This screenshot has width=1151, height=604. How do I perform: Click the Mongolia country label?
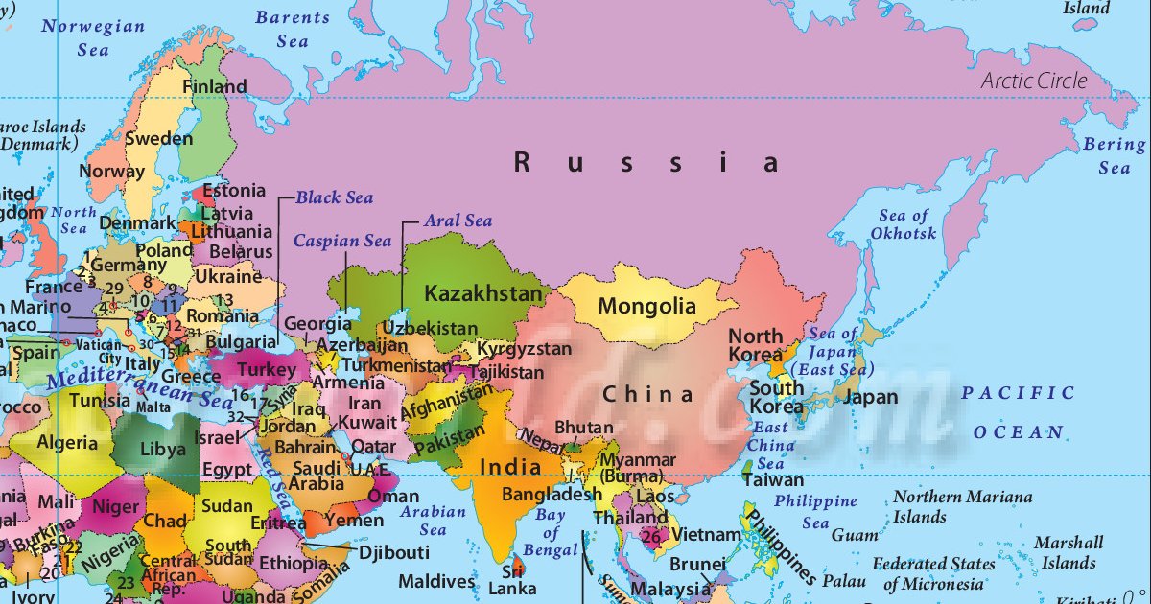point(646,307)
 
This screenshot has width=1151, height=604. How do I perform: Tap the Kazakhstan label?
point(483,293)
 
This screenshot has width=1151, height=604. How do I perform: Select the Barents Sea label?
point(292,29)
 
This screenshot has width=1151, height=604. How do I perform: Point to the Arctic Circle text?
point(1034,81)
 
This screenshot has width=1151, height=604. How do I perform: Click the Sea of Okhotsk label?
point(904,224)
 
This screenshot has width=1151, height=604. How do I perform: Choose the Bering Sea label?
point(1114,156)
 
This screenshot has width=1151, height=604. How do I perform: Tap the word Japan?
point(872,397)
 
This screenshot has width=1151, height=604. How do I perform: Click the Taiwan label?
point(773,479)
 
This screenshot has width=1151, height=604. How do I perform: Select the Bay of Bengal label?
point(552,533)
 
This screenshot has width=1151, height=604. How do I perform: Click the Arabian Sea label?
point(433,520)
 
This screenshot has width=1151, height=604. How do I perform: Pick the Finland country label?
point(215,86)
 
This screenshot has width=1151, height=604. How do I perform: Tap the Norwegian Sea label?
point(92,37)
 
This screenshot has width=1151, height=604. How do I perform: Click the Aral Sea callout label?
point(458,221)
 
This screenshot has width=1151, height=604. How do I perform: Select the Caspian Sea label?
point(342,241)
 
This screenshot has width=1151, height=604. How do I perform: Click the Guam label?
point(855,535)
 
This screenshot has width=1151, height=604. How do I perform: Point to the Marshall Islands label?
point(1069,553)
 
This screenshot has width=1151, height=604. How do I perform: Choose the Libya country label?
point(163,449)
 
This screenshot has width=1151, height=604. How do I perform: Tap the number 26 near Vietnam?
point(651,536)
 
